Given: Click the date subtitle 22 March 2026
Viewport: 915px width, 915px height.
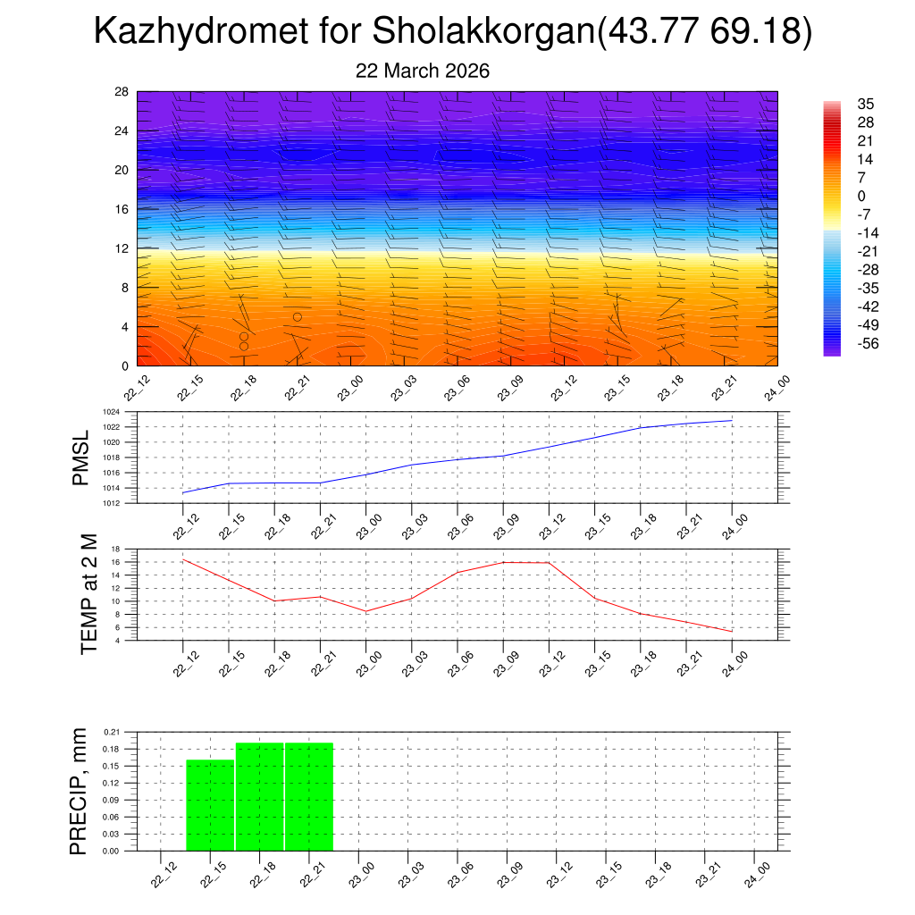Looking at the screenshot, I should pos(423,71).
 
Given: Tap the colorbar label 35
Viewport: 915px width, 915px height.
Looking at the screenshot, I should pos(865,104).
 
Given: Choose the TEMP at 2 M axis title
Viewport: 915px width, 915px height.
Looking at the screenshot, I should pos(88,593).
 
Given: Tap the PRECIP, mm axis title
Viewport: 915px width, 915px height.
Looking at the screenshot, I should pos(80,791).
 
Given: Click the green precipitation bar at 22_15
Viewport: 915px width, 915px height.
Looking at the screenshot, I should pos(210,805).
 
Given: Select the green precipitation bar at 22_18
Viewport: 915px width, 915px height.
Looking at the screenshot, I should pos(260,796).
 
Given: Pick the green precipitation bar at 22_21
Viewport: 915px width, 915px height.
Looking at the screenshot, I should pos(309,796).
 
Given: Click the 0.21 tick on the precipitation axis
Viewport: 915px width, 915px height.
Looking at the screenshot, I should pos(112,732).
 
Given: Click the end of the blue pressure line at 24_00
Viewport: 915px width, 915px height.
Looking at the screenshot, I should pos(732,420).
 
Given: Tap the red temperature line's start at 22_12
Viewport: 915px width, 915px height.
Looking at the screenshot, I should pos(182,559).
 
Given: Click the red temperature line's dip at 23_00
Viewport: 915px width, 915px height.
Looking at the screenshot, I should pos(365,611).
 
